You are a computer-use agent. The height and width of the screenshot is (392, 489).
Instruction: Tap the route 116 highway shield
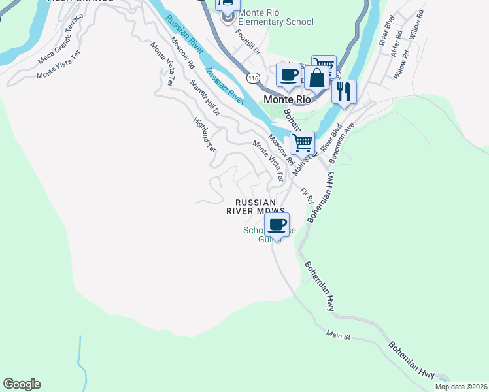(253, 78)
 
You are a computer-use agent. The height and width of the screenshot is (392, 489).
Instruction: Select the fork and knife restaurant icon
(344, 91)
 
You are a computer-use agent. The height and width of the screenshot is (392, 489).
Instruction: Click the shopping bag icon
(316, 78)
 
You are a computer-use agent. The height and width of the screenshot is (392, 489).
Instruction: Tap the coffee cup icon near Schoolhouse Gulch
(277, 225)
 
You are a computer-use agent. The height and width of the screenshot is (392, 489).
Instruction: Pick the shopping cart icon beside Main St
(302, 142)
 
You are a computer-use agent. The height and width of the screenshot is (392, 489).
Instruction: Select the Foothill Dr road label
(248, 41)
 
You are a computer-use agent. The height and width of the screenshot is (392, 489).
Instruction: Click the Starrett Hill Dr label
(205, 97)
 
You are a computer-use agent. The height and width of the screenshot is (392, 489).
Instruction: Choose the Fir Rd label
(307, 195)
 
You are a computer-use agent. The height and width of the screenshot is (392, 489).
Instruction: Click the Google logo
(22, 384)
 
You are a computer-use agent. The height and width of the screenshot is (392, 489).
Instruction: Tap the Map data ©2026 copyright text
(461, 387)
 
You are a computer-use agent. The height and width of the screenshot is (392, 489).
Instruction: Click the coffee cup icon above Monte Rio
(288, 74)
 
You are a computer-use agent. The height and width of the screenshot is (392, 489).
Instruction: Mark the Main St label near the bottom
(339, 335)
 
